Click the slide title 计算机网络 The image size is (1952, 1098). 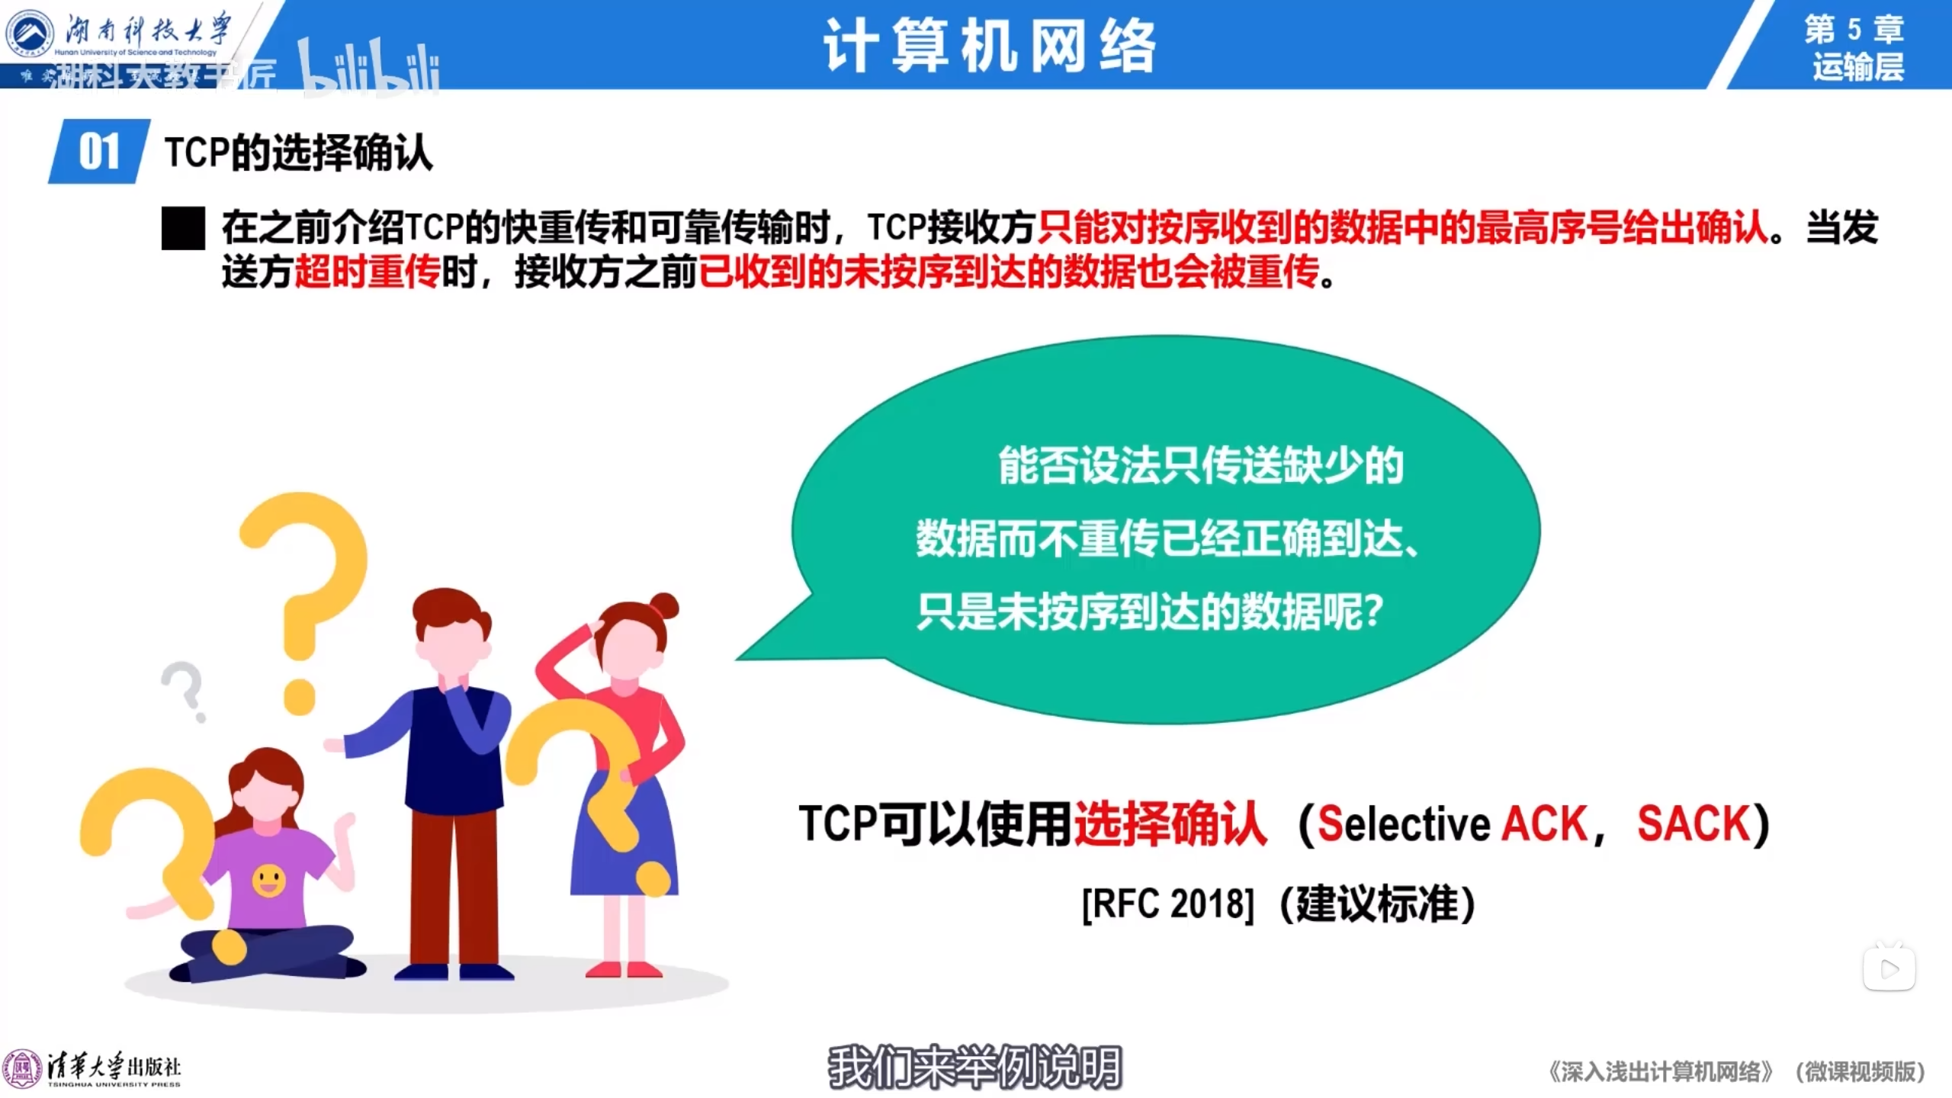(990, 46)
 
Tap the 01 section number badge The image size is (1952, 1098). (99, 151)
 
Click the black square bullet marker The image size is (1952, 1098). (183, 228)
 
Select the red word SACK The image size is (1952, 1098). (1694, 823)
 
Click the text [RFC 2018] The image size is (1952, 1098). (1167, 904)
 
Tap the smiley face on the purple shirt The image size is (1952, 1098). (268, 881)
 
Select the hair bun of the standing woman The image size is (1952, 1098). (665, 606)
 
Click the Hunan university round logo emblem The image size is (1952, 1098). (29, 34)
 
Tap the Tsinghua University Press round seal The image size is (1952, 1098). (22, 1069)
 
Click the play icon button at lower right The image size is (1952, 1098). (1889, 969)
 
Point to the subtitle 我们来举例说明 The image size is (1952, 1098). (975, 1067)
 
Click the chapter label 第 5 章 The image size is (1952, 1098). (1854, 29)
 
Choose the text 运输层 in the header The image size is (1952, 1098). (1858, 67)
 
